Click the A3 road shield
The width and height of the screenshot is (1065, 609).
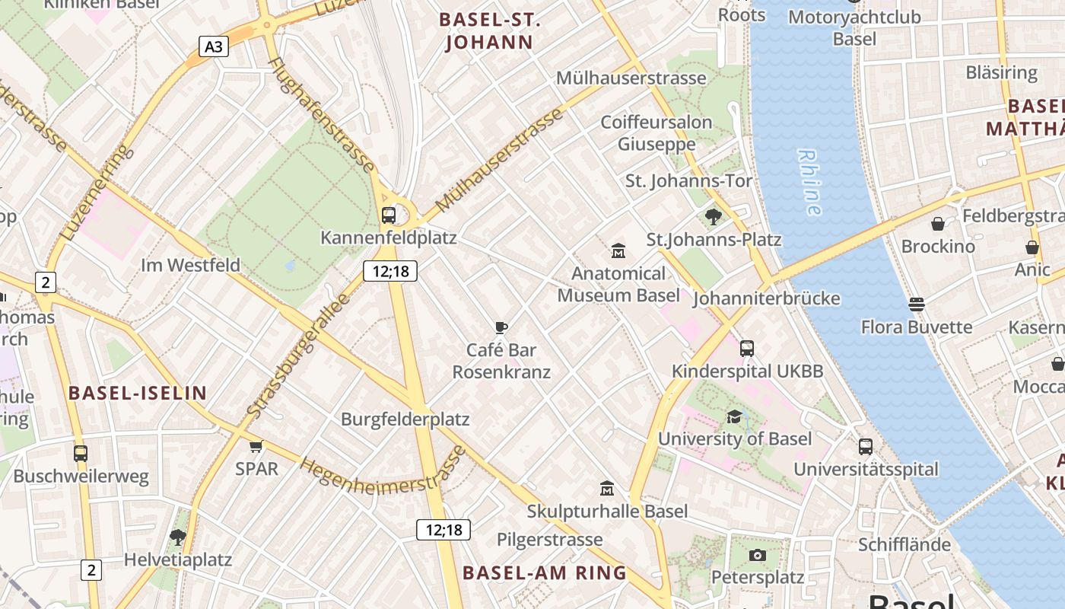click(215, 46)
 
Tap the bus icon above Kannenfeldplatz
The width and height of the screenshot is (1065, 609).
click(388, 215)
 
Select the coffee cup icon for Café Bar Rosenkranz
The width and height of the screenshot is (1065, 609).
click(501, 328)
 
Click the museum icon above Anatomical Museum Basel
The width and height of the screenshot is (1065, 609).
click(618, 250)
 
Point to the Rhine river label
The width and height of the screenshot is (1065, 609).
click(810, 182)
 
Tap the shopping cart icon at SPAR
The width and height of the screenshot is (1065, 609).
click(256, 446)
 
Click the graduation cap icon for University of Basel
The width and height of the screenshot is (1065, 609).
click(734, 416)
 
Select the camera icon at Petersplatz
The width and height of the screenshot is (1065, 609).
click(757, 555)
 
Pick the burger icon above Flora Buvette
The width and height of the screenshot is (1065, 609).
click(917, 304)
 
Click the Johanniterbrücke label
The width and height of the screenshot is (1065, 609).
click(766, 298)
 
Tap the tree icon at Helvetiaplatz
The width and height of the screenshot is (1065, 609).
click(178, 537)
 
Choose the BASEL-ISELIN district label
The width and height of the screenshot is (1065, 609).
click(138, 393)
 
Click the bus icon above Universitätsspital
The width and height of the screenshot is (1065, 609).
click(866, 447)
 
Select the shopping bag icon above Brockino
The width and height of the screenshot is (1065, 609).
click(938, 224)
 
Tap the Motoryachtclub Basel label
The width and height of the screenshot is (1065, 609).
click(854, 27)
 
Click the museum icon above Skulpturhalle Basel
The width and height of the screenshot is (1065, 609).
click(606, 488)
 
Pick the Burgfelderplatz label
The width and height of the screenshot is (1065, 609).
click(405, 419)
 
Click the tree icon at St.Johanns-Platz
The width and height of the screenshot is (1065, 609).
click(714, 217)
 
